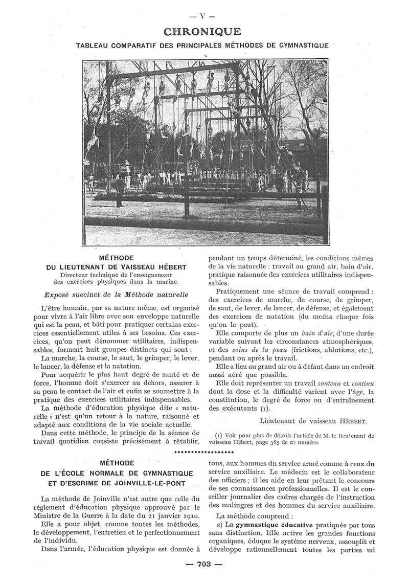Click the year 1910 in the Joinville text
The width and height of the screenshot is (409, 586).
(x=186, y=513)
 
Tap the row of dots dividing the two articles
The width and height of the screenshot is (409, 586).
(x=204, y=453)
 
